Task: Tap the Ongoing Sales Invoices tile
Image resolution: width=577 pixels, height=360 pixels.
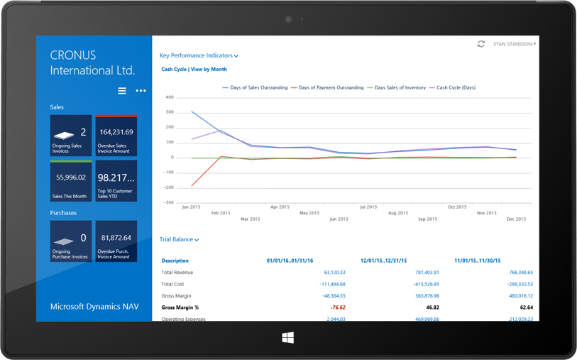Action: (x=71, y=136)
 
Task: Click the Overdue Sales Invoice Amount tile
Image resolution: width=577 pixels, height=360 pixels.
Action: (x=116, y=136)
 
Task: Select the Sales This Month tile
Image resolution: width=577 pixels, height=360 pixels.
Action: (x=71, y=180)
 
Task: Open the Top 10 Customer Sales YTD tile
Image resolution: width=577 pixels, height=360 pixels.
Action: (x=116, y=180)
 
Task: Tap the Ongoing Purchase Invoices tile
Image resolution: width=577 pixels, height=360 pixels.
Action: (x=71, y=241)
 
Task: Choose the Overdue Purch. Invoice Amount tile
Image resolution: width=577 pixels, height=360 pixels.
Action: (x=116, y=241)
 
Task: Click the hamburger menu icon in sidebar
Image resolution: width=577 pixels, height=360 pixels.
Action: (x=122, y=91)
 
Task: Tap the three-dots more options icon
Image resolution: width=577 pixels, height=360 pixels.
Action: (x=141, y=91)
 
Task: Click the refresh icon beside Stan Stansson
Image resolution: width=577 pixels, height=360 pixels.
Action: (x=481, y=44)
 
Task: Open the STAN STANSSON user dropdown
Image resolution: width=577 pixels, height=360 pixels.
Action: (x=515, y=44)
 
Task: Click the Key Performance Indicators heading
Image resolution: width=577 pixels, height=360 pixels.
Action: (x=199, y=55)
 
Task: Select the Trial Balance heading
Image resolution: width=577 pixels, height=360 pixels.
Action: (x=179, y=239)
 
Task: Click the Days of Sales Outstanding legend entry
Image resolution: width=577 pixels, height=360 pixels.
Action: (x=255, y=88)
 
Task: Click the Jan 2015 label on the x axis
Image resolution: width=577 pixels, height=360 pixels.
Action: (x=191, y=207)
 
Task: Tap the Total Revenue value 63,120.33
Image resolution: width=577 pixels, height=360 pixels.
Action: (x=334, y=272)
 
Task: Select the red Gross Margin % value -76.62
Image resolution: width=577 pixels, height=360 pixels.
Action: (x=337, y=307)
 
